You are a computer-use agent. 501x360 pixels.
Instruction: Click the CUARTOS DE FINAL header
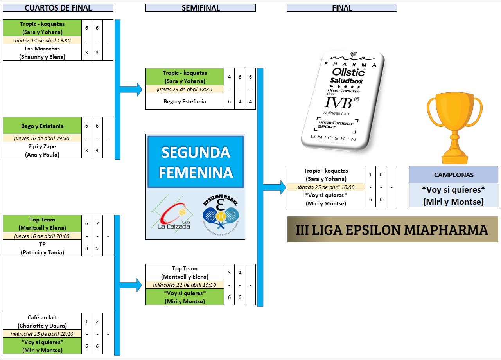58,8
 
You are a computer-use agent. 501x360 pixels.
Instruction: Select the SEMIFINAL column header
200,8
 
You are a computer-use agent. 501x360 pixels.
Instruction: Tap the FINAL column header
341,8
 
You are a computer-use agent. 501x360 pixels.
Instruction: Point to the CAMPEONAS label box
453,175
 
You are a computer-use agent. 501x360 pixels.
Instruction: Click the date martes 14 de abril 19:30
42,40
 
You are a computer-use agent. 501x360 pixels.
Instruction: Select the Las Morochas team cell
42,52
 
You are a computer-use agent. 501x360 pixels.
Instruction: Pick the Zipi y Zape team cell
42,150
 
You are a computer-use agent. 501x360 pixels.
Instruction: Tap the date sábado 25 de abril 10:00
326,187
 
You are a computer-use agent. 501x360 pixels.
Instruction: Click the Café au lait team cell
42,321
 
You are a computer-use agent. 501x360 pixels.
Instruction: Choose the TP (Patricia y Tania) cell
42,248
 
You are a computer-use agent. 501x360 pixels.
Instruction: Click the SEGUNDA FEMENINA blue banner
196,162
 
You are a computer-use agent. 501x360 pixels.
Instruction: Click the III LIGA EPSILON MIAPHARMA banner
392,229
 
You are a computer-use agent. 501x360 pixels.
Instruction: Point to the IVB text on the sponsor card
340,103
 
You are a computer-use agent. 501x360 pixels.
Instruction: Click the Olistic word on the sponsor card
348,72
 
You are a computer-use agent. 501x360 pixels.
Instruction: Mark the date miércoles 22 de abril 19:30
185,285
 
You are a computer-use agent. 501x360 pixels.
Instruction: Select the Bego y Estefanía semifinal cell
185,101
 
